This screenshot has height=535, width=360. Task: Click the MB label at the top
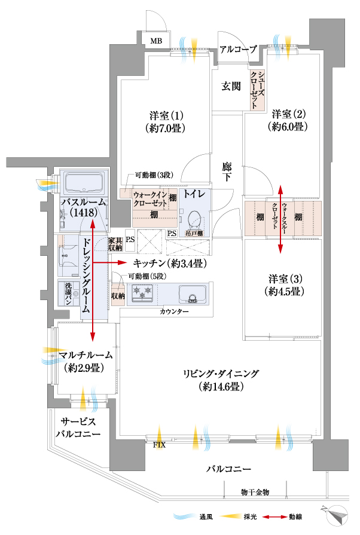tap(155, 41)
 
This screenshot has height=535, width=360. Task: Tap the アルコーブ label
tap(238, 49)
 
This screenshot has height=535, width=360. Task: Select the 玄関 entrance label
tap(231, 86)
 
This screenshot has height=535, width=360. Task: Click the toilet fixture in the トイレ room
tap(194, 219)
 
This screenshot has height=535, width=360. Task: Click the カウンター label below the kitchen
tap(174, 313)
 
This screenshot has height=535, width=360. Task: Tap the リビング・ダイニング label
tap(221, 380)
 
